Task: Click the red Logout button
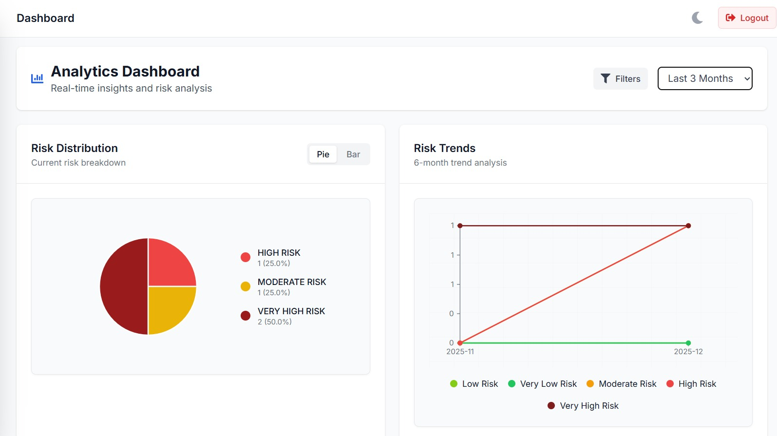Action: pyautogui.click(x=747, y=18)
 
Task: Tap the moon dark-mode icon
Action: pyautogui.click(x=697, y=18)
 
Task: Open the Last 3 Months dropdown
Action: pyautogui.click(x=705, y=78)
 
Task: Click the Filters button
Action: pyautogui.click(x=620, y=79)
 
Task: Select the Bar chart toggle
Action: pyautogui.click(x=353, y=154)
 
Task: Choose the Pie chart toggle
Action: pyautogui.click(x=323, y=154)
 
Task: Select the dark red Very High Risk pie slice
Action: pyautogui.click(x=123, y=286)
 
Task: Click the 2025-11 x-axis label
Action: pyautogui.click(x=460, y=352)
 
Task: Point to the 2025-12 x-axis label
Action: pyautogui.click(x=688, y=352)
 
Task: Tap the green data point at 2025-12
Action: pyautogui.click(x=688, y=343)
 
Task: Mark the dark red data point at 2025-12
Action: pyautogui.click(x=688, y=226)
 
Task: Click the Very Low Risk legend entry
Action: pyautogui.click(x=542, y=384)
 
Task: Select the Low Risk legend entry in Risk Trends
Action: pyautogui.click(x=474, y=384)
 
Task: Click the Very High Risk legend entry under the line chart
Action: pyautogui.click(x=583, y=406)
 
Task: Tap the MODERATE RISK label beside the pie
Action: pyautogui.click(x=292, y=282)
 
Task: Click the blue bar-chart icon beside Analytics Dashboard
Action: pyautogui.click(x=37, y=78)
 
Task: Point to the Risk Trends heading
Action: pyautogui.click(x=444, y=148)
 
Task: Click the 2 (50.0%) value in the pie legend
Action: pyautogui.click(x=274, y=322)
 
